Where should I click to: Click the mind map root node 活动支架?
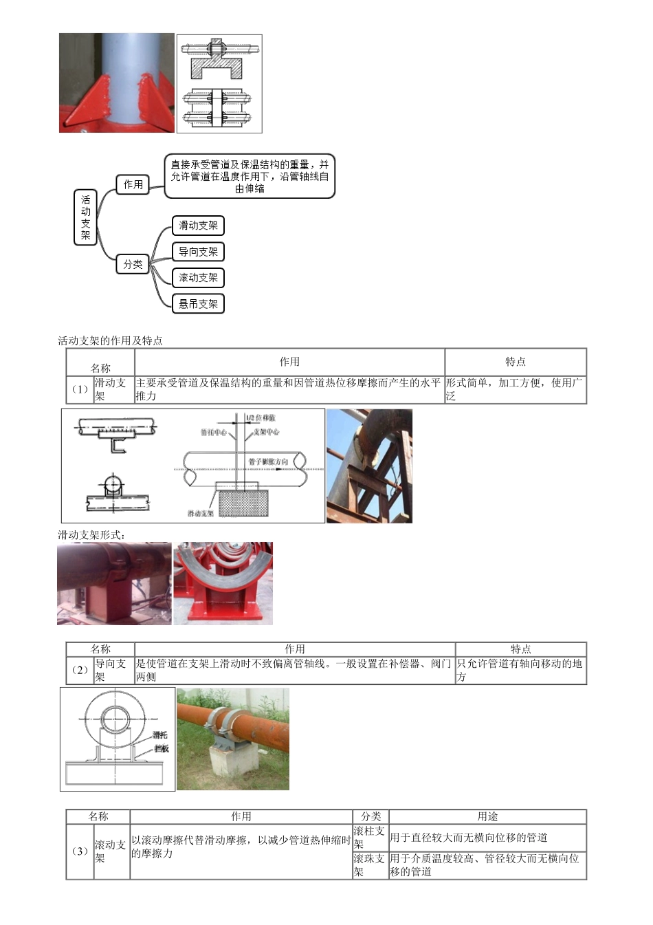(85, 217)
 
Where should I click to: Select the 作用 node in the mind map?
(133, 184)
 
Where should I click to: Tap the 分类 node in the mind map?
(133, 264)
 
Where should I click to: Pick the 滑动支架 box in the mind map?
(198, 226)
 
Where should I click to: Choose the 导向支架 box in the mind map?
(198, 252)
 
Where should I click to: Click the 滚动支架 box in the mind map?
(198, 278)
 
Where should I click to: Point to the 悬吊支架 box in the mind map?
(198, 304)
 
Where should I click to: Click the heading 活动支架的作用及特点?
(110, 341)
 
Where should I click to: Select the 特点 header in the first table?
(515, 362)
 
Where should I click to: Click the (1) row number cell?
(80, 389)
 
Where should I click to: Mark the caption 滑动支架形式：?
(91, 535)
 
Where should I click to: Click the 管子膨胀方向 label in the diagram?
(268, 461)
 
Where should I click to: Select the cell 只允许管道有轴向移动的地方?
(520, 671)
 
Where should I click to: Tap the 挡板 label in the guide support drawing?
(162, 748)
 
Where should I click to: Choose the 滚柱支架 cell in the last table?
(370, 838)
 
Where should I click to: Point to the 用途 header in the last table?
(487, 817)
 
